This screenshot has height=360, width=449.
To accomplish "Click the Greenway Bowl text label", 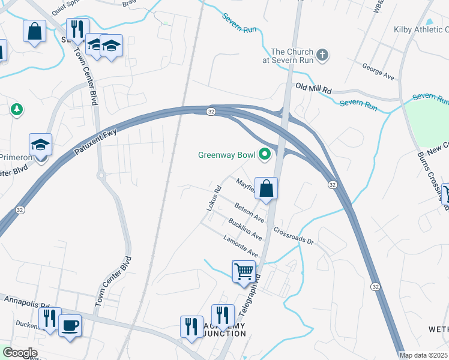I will (x=226, y=155).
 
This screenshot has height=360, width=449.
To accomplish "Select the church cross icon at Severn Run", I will (x=322, y=56).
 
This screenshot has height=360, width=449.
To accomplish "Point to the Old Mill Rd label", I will (x=313, y=88).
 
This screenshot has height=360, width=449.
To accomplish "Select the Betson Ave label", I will (x=249, y=210).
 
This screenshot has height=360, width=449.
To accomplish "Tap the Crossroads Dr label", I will (x=294, y=235).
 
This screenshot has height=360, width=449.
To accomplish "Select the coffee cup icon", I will (x=70, y=325).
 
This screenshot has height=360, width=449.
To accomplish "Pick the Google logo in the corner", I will (x=20, y=353).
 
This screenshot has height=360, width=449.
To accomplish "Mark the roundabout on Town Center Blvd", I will (x=101, y=176).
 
